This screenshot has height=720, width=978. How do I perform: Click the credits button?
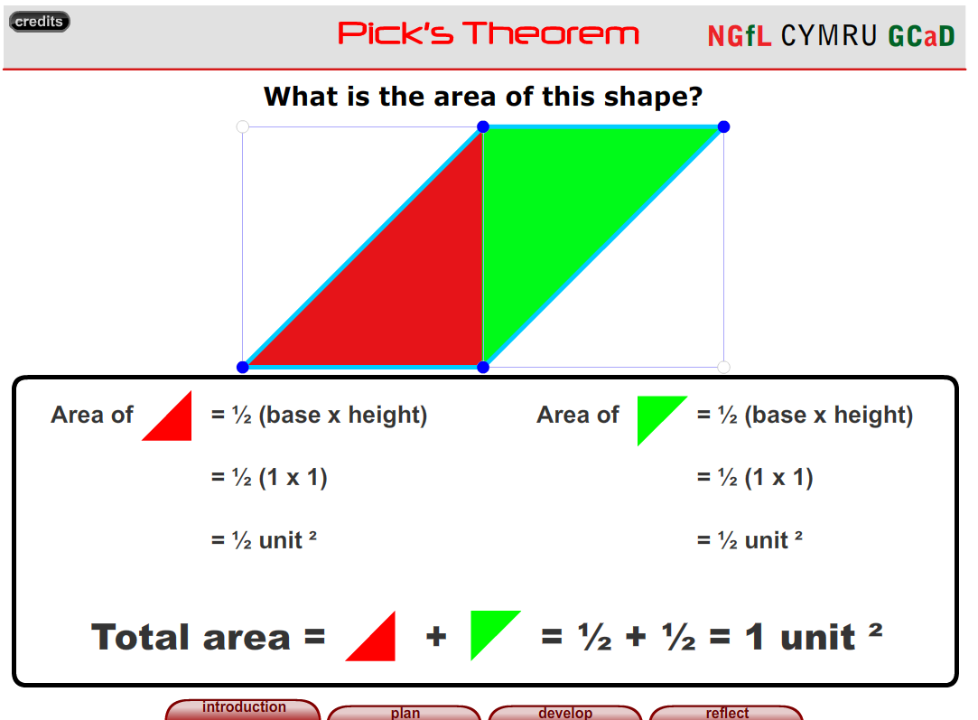point(39,22)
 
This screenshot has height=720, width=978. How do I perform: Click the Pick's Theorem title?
point(489,34)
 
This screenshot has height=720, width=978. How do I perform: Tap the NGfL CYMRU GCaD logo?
point(831,36)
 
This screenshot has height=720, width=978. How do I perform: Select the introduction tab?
point(244,708)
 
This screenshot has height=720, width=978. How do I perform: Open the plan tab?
point(405,713)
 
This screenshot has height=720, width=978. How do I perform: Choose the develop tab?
point(565,713)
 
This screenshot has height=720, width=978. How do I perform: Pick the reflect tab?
point(727,713)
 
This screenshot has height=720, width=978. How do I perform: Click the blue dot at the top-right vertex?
point(723,126)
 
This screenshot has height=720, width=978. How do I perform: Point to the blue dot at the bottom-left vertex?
point(242,367)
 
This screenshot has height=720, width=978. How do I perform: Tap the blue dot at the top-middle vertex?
point(483,126)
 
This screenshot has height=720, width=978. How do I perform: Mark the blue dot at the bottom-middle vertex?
point(483,367)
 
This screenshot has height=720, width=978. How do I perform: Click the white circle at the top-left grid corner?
point(242,126)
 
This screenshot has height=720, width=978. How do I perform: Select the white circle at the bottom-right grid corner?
point(723,367)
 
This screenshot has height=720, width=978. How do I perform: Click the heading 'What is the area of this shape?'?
point(483,96)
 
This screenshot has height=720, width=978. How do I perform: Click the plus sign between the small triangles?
point(436,637)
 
